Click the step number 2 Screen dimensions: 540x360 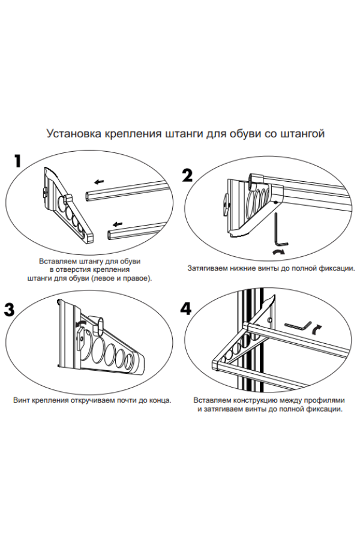tap(187, 176)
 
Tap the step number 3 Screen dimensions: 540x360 tap(10, 310)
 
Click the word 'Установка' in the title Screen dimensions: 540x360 tap(74, 133)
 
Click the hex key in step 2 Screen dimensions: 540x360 tap(277, 231)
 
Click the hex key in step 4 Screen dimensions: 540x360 tap(298, 325)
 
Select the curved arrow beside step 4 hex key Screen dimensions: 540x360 tap(318, 327)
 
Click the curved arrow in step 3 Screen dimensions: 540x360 tap(80, 324)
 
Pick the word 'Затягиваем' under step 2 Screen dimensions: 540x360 tap(208, 268)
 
